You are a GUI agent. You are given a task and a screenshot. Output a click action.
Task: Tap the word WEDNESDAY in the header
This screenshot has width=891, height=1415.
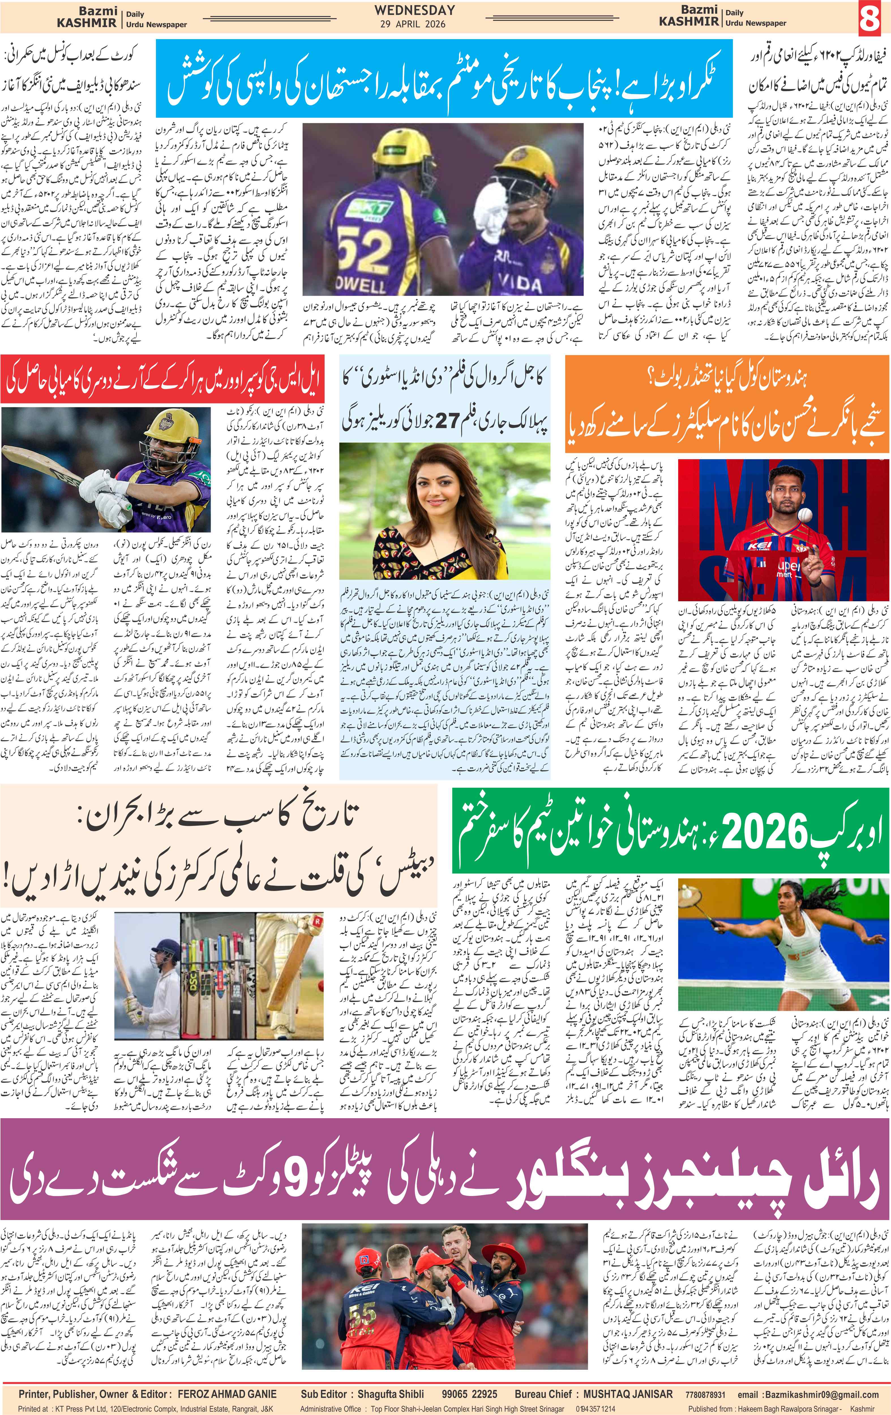pyautogui.click(x=415, y=10)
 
